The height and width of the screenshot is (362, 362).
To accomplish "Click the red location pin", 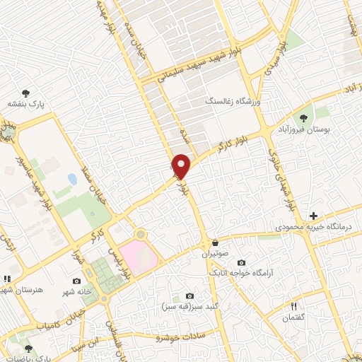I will [182, 165].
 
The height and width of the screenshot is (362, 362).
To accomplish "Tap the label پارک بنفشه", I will [26, 104].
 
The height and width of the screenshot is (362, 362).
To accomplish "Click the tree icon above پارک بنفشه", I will [26, 93].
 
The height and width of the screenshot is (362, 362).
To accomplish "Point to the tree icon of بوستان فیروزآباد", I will [303, 119].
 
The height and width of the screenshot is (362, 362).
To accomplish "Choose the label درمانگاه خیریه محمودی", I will [314, 228].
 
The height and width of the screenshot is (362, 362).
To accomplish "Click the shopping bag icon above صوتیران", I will [215, 243].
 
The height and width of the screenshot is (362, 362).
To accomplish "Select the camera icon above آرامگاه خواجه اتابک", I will [241, 262].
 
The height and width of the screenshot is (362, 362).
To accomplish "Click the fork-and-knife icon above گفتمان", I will [294, 305].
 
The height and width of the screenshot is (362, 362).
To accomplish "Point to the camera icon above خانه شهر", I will [76, 281].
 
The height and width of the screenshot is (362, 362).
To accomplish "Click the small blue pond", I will [71, 179].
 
